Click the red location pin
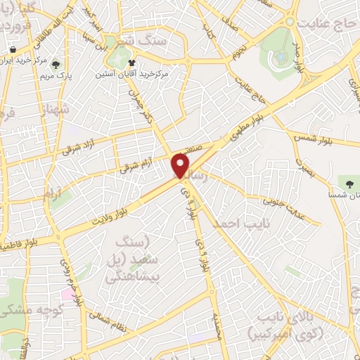pyautogui.click(x=181, y=166)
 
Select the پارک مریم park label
pyautogui.click(x=56, y=75)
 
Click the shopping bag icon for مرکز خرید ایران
pyautogui.click(x=13, y=49)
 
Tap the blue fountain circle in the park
pyautogui.click(x=281, y=56)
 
